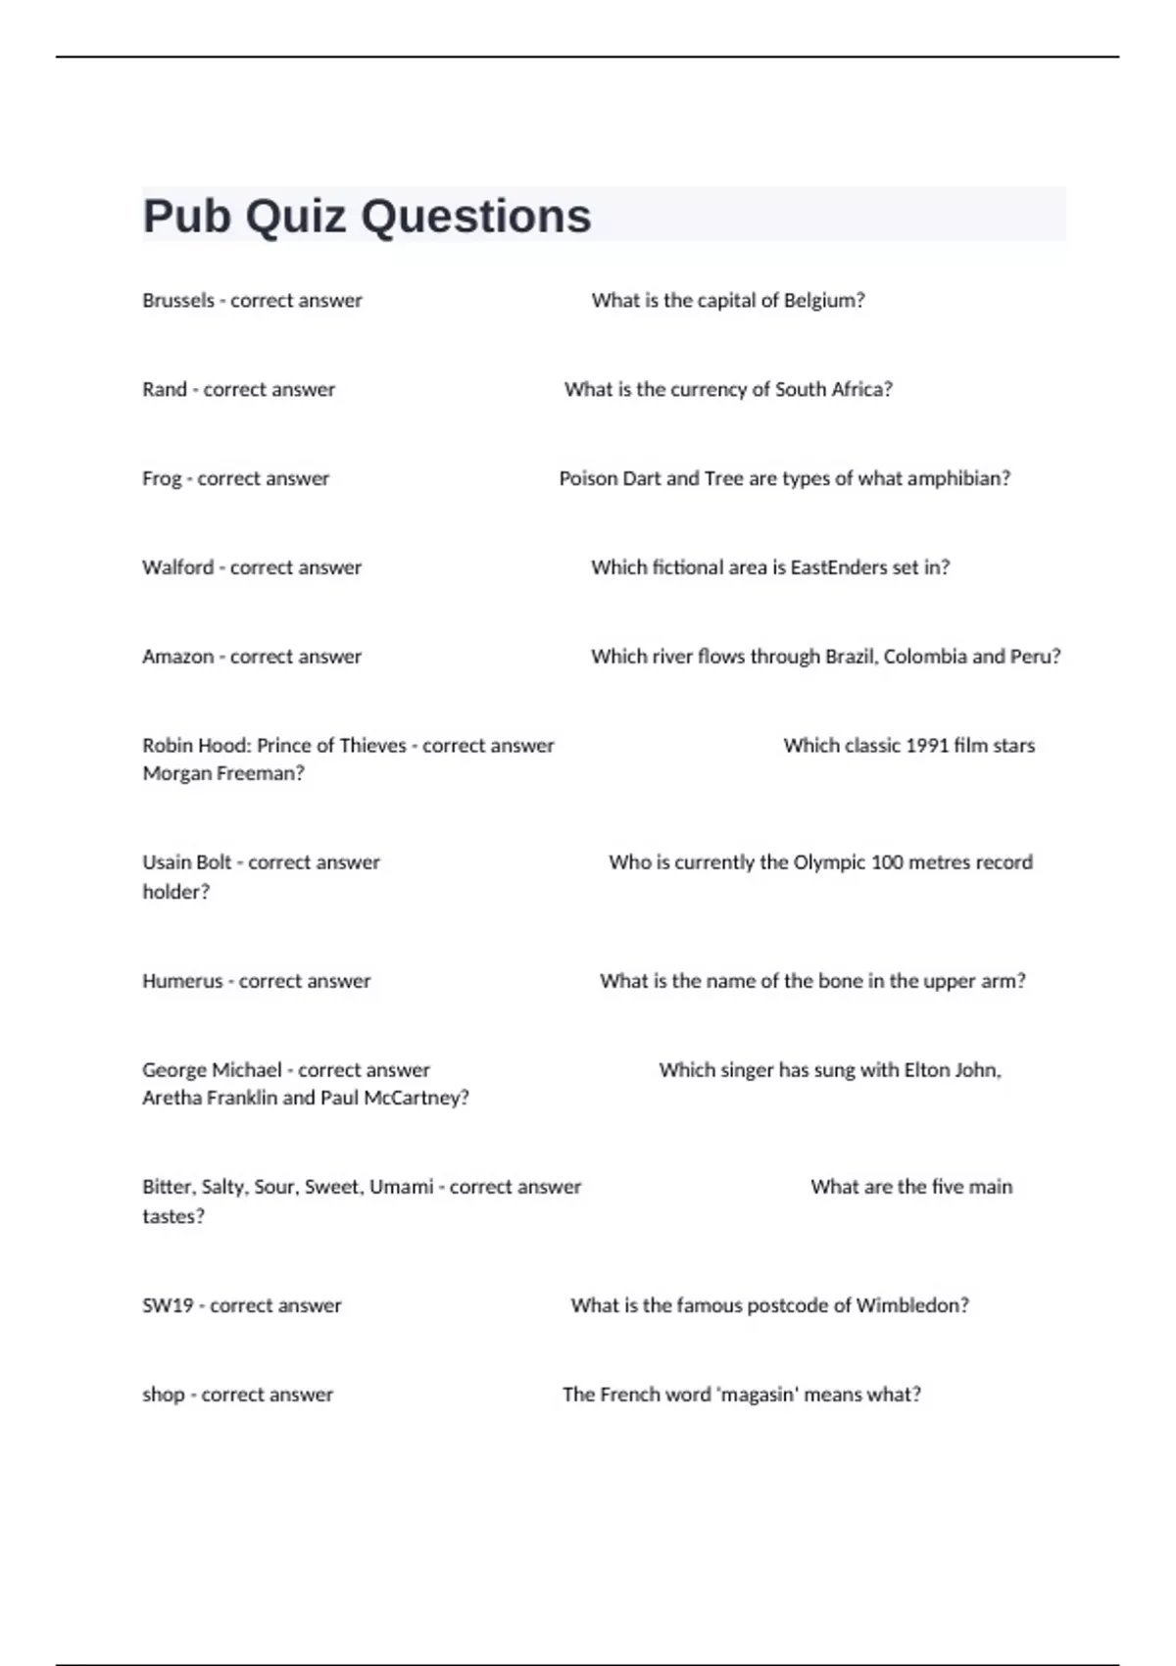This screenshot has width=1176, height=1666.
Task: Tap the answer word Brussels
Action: (x=178, y=301)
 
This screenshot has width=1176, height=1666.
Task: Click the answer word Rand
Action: (x=164, y=390)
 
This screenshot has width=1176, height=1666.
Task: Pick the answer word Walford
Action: (x=177, y=568)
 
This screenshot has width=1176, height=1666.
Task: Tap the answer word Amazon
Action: (x=177, y=657)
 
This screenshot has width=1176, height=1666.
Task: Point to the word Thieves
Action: (x=371, y=746)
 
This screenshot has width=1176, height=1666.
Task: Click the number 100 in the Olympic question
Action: (x=886, y=863)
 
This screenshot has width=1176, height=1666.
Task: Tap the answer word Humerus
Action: (x=182, y=981)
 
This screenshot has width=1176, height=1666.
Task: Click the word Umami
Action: (x=401, y=1188)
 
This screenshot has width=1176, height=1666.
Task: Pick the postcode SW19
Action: (x=168, y=1306)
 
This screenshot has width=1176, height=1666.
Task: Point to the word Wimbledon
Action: (x=911, y=1306)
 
